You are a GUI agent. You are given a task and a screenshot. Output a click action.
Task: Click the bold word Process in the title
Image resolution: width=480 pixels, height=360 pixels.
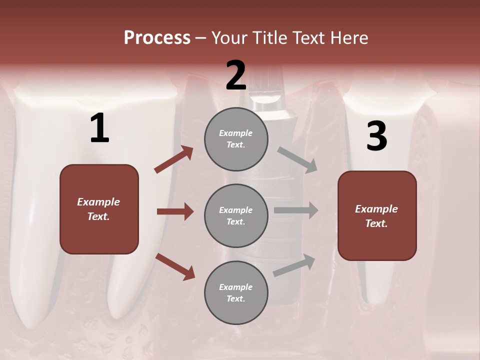point(157,38)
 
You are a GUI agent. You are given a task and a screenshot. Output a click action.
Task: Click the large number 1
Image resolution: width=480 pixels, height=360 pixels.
point(99,128)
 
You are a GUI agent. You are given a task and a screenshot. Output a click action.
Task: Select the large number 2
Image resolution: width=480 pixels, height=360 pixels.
point(236,75)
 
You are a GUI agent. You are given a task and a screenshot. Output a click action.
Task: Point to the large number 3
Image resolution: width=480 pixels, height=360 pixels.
point(376,136)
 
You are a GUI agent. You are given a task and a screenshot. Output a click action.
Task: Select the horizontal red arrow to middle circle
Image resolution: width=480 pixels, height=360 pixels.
point(175,211)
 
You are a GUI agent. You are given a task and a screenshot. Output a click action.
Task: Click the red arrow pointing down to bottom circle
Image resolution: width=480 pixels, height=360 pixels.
point(175,266)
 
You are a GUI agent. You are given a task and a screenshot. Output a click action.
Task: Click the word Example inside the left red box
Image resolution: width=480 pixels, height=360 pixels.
point(98,202)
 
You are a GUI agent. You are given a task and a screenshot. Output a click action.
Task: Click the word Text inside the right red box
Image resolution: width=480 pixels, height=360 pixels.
point(376,223)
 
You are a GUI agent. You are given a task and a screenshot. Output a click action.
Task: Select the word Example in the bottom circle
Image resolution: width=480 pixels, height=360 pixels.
point(236,287)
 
